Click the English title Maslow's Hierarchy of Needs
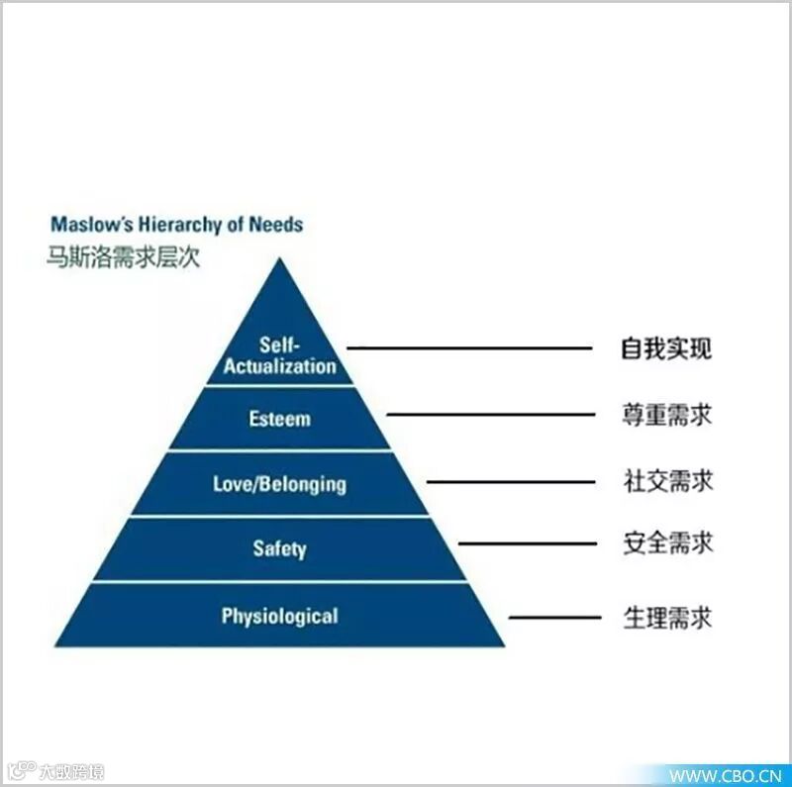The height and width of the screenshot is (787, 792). [x=176, y=224]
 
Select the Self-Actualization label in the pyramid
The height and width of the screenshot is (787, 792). [x=279, y=355]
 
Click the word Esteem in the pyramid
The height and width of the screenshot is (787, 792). [x=279, y=419]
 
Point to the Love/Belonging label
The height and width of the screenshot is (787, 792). [x=279, y=484]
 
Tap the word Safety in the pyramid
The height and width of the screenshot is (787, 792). [x=279, y=548]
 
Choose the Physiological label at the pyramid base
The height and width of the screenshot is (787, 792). [x=279, y=616]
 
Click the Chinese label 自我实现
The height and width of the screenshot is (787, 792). [x=666, y=348]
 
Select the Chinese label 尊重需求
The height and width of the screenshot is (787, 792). [x=666, y=415]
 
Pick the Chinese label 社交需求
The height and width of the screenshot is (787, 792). [x=666, y=481]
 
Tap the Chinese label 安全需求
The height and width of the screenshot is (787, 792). [x=666, y=543]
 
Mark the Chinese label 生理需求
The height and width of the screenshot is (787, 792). [x=666, y=618]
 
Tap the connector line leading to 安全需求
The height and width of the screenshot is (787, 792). [x=529, y=543]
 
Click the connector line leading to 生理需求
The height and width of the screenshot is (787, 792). [x=554, y=618]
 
